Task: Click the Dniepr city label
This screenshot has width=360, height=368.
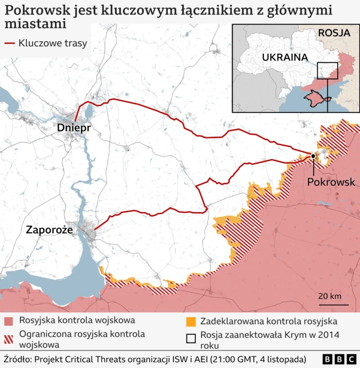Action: [x=74, y=129]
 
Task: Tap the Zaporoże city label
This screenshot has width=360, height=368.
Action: [x=49, y=230]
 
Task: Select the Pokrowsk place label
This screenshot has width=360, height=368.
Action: [x=331, y=182]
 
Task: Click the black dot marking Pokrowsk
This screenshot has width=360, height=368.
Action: [x=313, y=156]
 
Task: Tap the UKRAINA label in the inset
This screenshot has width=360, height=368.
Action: [x=284, y=57]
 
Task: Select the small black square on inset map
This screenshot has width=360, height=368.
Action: [x=327, y=71]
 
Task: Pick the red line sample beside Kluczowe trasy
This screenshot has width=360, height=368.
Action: [x=10, y=43]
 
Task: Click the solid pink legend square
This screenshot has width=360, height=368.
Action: [x=8, y=321]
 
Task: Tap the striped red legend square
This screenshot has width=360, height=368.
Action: [x=8, y=339]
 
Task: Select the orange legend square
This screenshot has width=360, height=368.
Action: [x=191, y=321]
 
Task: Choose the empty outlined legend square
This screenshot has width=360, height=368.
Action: [x=191, y=339]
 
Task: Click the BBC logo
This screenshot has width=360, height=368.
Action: [x=339, y=359]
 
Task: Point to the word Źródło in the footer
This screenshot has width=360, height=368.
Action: [x=19, y=359]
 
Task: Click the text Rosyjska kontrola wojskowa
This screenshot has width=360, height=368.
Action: [x=77, y=320]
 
